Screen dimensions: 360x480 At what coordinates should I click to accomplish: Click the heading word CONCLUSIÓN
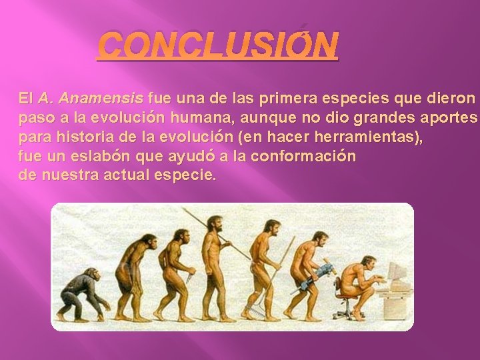218,46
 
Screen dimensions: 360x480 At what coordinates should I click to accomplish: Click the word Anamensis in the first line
100,99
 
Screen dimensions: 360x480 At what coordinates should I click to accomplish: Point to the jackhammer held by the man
308,281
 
